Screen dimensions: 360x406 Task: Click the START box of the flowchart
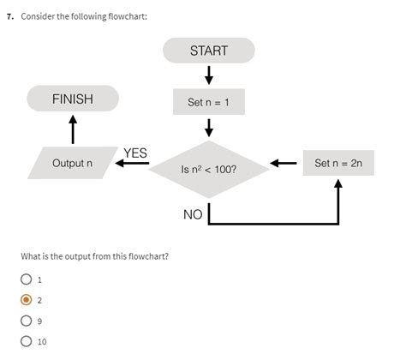[x=209, y=51]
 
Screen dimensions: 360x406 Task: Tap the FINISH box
[x=72, y=99]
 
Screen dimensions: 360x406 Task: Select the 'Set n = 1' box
[x=209, y=103]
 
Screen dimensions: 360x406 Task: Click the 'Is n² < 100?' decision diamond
[x=209, y=169]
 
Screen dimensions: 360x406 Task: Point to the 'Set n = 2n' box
[x=338, y=163]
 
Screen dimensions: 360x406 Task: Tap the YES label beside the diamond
[x=135, y=153]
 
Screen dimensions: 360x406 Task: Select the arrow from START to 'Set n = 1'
[x=209, y=75]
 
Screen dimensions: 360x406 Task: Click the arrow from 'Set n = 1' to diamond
[x=209, y=129]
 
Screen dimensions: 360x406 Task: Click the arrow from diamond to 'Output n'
[x=133, y=164]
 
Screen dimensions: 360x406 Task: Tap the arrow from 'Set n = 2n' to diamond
[x=284, y=164]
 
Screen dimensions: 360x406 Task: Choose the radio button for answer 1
[x=27, y=279]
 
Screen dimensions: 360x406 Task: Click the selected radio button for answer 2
[x=27, y=300]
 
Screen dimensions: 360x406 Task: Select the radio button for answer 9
[x=27, y=321]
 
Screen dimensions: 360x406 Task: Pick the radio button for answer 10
[x=27, y=341]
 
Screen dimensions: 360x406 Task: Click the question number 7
[x=9, y=17]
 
